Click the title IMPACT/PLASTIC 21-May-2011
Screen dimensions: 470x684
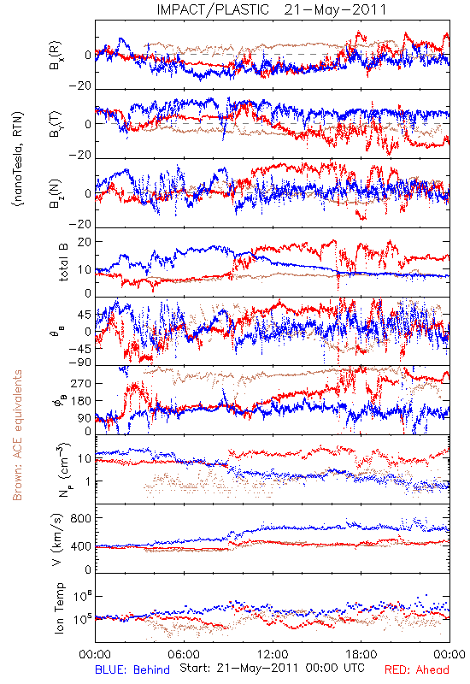coord(272,9)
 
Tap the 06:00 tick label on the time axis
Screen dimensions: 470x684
coord(184,655)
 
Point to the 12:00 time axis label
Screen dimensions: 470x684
coord(273,655)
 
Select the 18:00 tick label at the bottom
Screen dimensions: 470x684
coord(361,655)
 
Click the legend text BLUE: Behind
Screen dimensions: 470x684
coord(132,669)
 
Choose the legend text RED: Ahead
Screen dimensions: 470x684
coord(417,669)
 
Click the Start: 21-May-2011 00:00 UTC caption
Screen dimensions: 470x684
coord(272,668)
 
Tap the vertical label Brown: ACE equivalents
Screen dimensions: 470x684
coord(17,435)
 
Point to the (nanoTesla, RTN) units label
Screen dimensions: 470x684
coord(18,159)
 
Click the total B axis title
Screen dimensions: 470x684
coord(63,262)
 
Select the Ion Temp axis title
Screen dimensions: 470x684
coord(59,608)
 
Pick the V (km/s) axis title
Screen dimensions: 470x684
coord(58,540)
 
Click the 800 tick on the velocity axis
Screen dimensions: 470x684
coord(81,518)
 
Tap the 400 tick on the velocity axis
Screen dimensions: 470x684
coord(81,546)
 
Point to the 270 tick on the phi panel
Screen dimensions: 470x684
coord(81,383)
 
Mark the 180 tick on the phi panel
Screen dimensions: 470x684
coord(81,400)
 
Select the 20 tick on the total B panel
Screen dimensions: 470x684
coord(85,242)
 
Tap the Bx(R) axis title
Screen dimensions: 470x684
coord(56,56)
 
